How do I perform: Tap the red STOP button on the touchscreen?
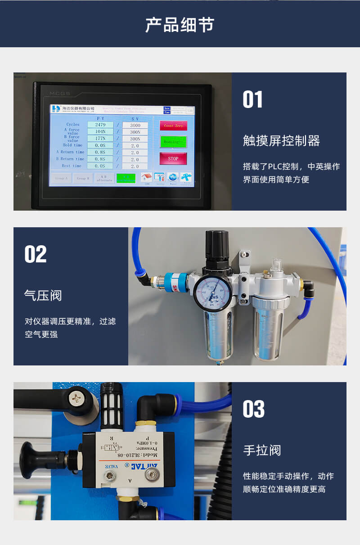[x=173, y=158]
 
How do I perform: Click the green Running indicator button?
[x=173, y=142]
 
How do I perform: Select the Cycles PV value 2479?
[x=100, y=125]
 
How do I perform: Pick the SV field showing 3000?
[x=135, y=125]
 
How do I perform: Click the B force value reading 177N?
[x=100, y=138]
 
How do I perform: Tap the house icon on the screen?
[x=146, y=177]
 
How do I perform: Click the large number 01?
[x=252, y=99]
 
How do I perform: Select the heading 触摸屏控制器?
[x=281, y=141]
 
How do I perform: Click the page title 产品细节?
[x=180, y=25]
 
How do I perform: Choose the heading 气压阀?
[x=43, y=296]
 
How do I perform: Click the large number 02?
[x=36, y=254]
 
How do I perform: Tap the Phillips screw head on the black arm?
[x=75, y=397]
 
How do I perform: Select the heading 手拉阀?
[x=262, y=450]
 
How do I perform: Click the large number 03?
[x=253, y=409]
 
